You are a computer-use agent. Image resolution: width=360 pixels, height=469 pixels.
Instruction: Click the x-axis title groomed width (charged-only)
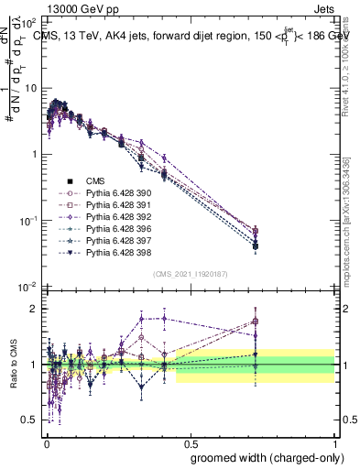pos(263,456)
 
